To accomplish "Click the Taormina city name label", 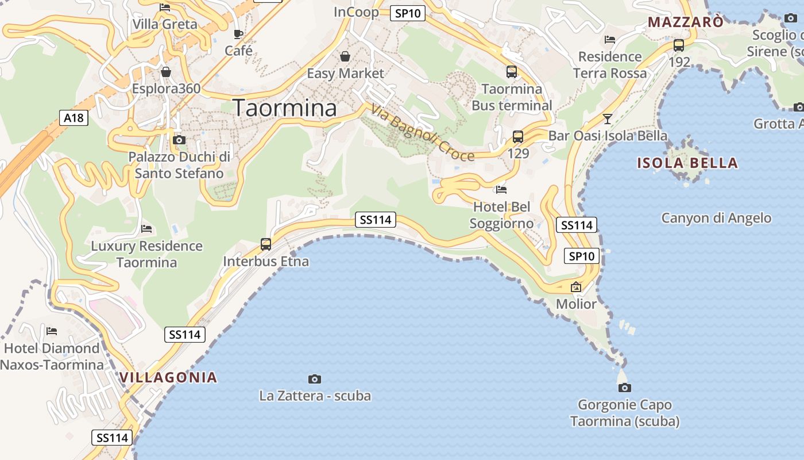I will [x=284, y=108].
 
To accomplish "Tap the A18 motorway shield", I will [x=74, y=118].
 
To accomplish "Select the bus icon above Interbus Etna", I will [x=266, y=244].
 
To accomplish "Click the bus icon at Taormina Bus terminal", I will [x=512, y=72].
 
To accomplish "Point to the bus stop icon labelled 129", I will [x=518, y=137].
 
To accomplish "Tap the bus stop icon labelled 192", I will [x=679, y=45].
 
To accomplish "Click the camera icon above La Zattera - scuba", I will [x=315, y=379].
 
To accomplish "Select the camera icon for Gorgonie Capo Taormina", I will [x=625, y=388].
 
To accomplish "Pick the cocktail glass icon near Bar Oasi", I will [x=608, y=119].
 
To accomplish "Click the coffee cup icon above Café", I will [x=238, y=34].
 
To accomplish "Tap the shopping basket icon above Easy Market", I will [x=345, y=56].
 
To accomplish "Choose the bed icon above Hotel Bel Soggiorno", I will [x=501, y=189].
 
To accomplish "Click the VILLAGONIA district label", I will [x=168, y=378].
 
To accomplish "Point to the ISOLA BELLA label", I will [x=687, y=163].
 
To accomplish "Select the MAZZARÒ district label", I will [x=686, y=22].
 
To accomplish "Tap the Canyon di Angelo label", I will [x=716, y=218].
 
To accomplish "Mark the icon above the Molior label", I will [x=576, y=286].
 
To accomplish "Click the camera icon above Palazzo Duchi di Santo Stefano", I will [x=179, y=140].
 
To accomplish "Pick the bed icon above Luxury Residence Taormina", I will [x=146, y=229].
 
